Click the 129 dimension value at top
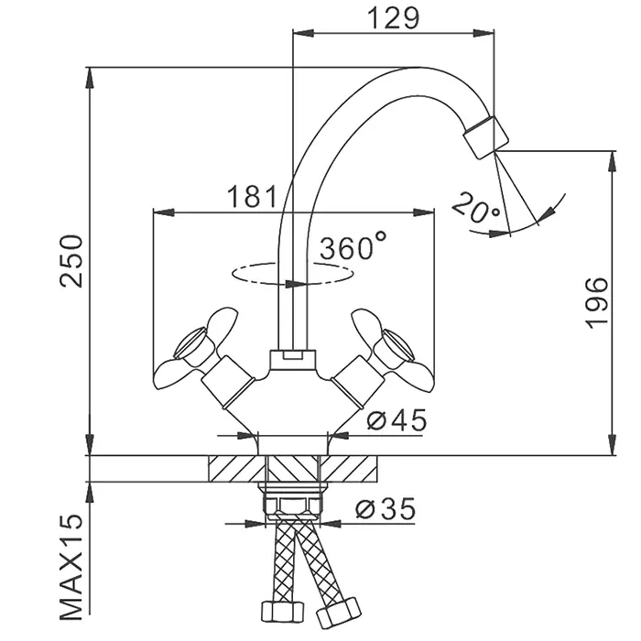[x=393, y=17]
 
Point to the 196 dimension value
[x=596, y=301]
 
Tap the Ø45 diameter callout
[x=397, y=420]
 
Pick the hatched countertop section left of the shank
[x=234, y=469]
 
